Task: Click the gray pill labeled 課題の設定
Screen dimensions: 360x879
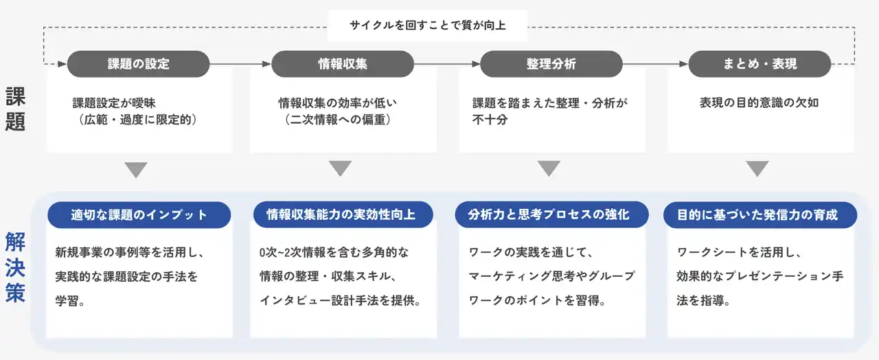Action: click(x=138, y=64)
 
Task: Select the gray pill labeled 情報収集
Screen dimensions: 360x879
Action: click(x=343, y=64)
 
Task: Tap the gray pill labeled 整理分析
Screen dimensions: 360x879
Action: click(x=551, y=64)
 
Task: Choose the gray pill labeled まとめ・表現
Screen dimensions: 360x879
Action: click(x=760, y=64)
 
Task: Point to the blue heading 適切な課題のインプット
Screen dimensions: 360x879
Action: click(x=139, y=214)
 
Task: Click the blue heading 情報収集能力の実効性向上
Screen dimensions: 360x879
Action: click(x=341, y=214)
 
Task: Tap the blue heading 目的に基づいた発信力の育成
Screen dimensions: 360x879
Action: click(x=760, y=214)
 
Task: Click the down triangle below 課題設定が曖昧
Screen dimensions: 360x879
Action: click(x=137, y=169)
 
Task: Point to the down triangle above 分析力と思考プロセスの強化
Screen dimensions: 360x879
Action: click(x=549, y=169)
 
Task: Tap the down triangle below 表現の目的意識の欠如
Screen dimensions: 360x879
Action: click(x=757, y=169)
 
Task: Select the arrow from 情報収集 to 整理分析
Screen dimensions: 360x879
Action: click(x=447, y=64)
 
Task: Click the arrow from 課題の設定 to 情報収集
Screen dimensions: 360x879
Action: click(x=240, y=64)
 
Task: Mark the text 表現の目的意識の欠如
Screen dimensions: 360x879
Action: click(x=759, y=103)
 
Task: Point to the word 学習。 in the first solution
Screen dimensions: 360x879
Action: click(x=71, y=300)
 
